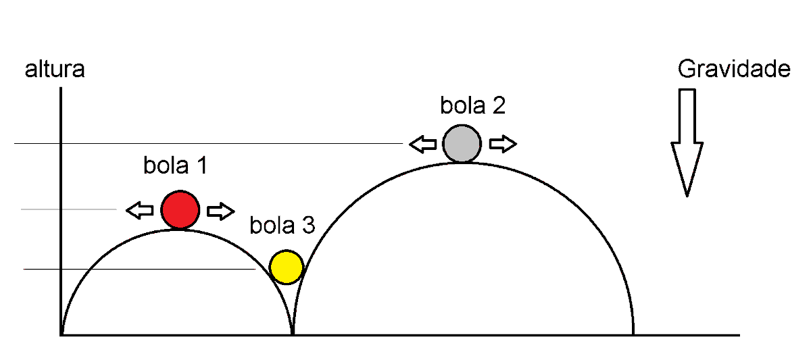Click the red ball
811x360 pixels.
(x=180, y=210)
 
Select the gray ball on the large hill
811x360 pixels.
(x=462, y=144)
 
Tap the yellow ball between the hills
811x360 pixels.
(x=287, y=267)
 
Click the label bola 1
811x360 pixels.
(x=175, y=165)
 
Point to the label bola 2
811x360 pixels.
(x=472, y=105)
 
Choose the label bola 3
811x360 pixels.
(x=282, y=225)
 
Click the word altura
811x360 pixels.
(x=55, y=69)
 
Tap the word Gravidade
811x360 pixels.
(x=734, y=69)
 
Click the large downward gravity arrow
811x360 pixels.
(x=687, y=143)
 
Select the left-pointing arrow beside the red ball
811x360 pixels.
(x=140, y=210)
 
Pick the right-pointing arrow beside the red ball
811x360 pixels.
(x=221, y=211)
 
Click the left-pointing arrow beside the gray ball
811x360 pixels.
(x=423, y=145)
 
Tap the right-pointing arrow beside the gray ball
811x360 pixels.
(x=503, y=144)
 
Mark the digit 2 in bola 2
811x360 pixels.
(x=499, y=105)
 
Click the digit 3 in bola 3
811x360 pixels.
(x=309, y=225)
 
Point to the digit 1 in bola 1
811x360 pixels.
(x=201, y=165)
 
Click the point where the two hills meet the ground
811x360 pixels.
(x=293, y=334)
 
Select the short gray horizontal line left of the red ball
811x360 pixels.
(x=69, y=209)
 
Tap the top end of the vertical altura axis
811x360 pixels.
(x=61, y=88)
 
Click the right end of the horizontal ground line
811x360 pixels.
(x=739, y=335)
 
